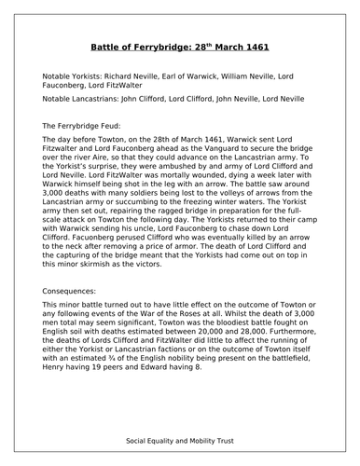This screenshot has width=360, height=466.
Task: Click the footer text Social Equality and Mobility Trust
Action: click(x=179, y=439)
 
